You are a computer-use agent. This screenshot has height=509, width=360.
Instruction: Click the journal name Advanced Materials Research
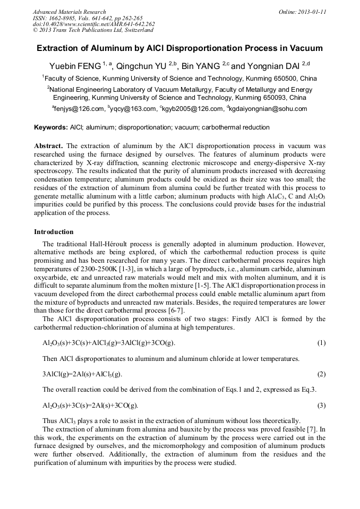tap(69, 12)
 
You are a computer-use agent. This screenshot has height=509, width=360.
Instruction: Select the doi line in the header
tap(93, 24)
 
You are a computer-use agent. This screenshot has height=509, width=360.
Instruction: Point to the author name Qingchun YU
tap(143, 66)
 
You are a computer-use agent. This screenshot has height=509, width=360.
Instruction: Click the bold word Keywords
tap(50, 127)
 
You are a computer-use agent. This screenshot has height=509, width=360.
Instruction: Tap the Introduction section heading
tap(54, 232)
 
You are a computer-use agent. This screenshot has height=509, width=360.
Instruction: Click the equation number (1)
tap(321, 343)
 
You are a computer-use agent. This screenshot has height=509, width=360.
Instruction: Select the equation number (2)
tap(321, 374)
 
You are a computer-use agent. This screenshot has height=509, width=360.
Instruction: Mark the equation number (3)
tap(321, 406)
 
